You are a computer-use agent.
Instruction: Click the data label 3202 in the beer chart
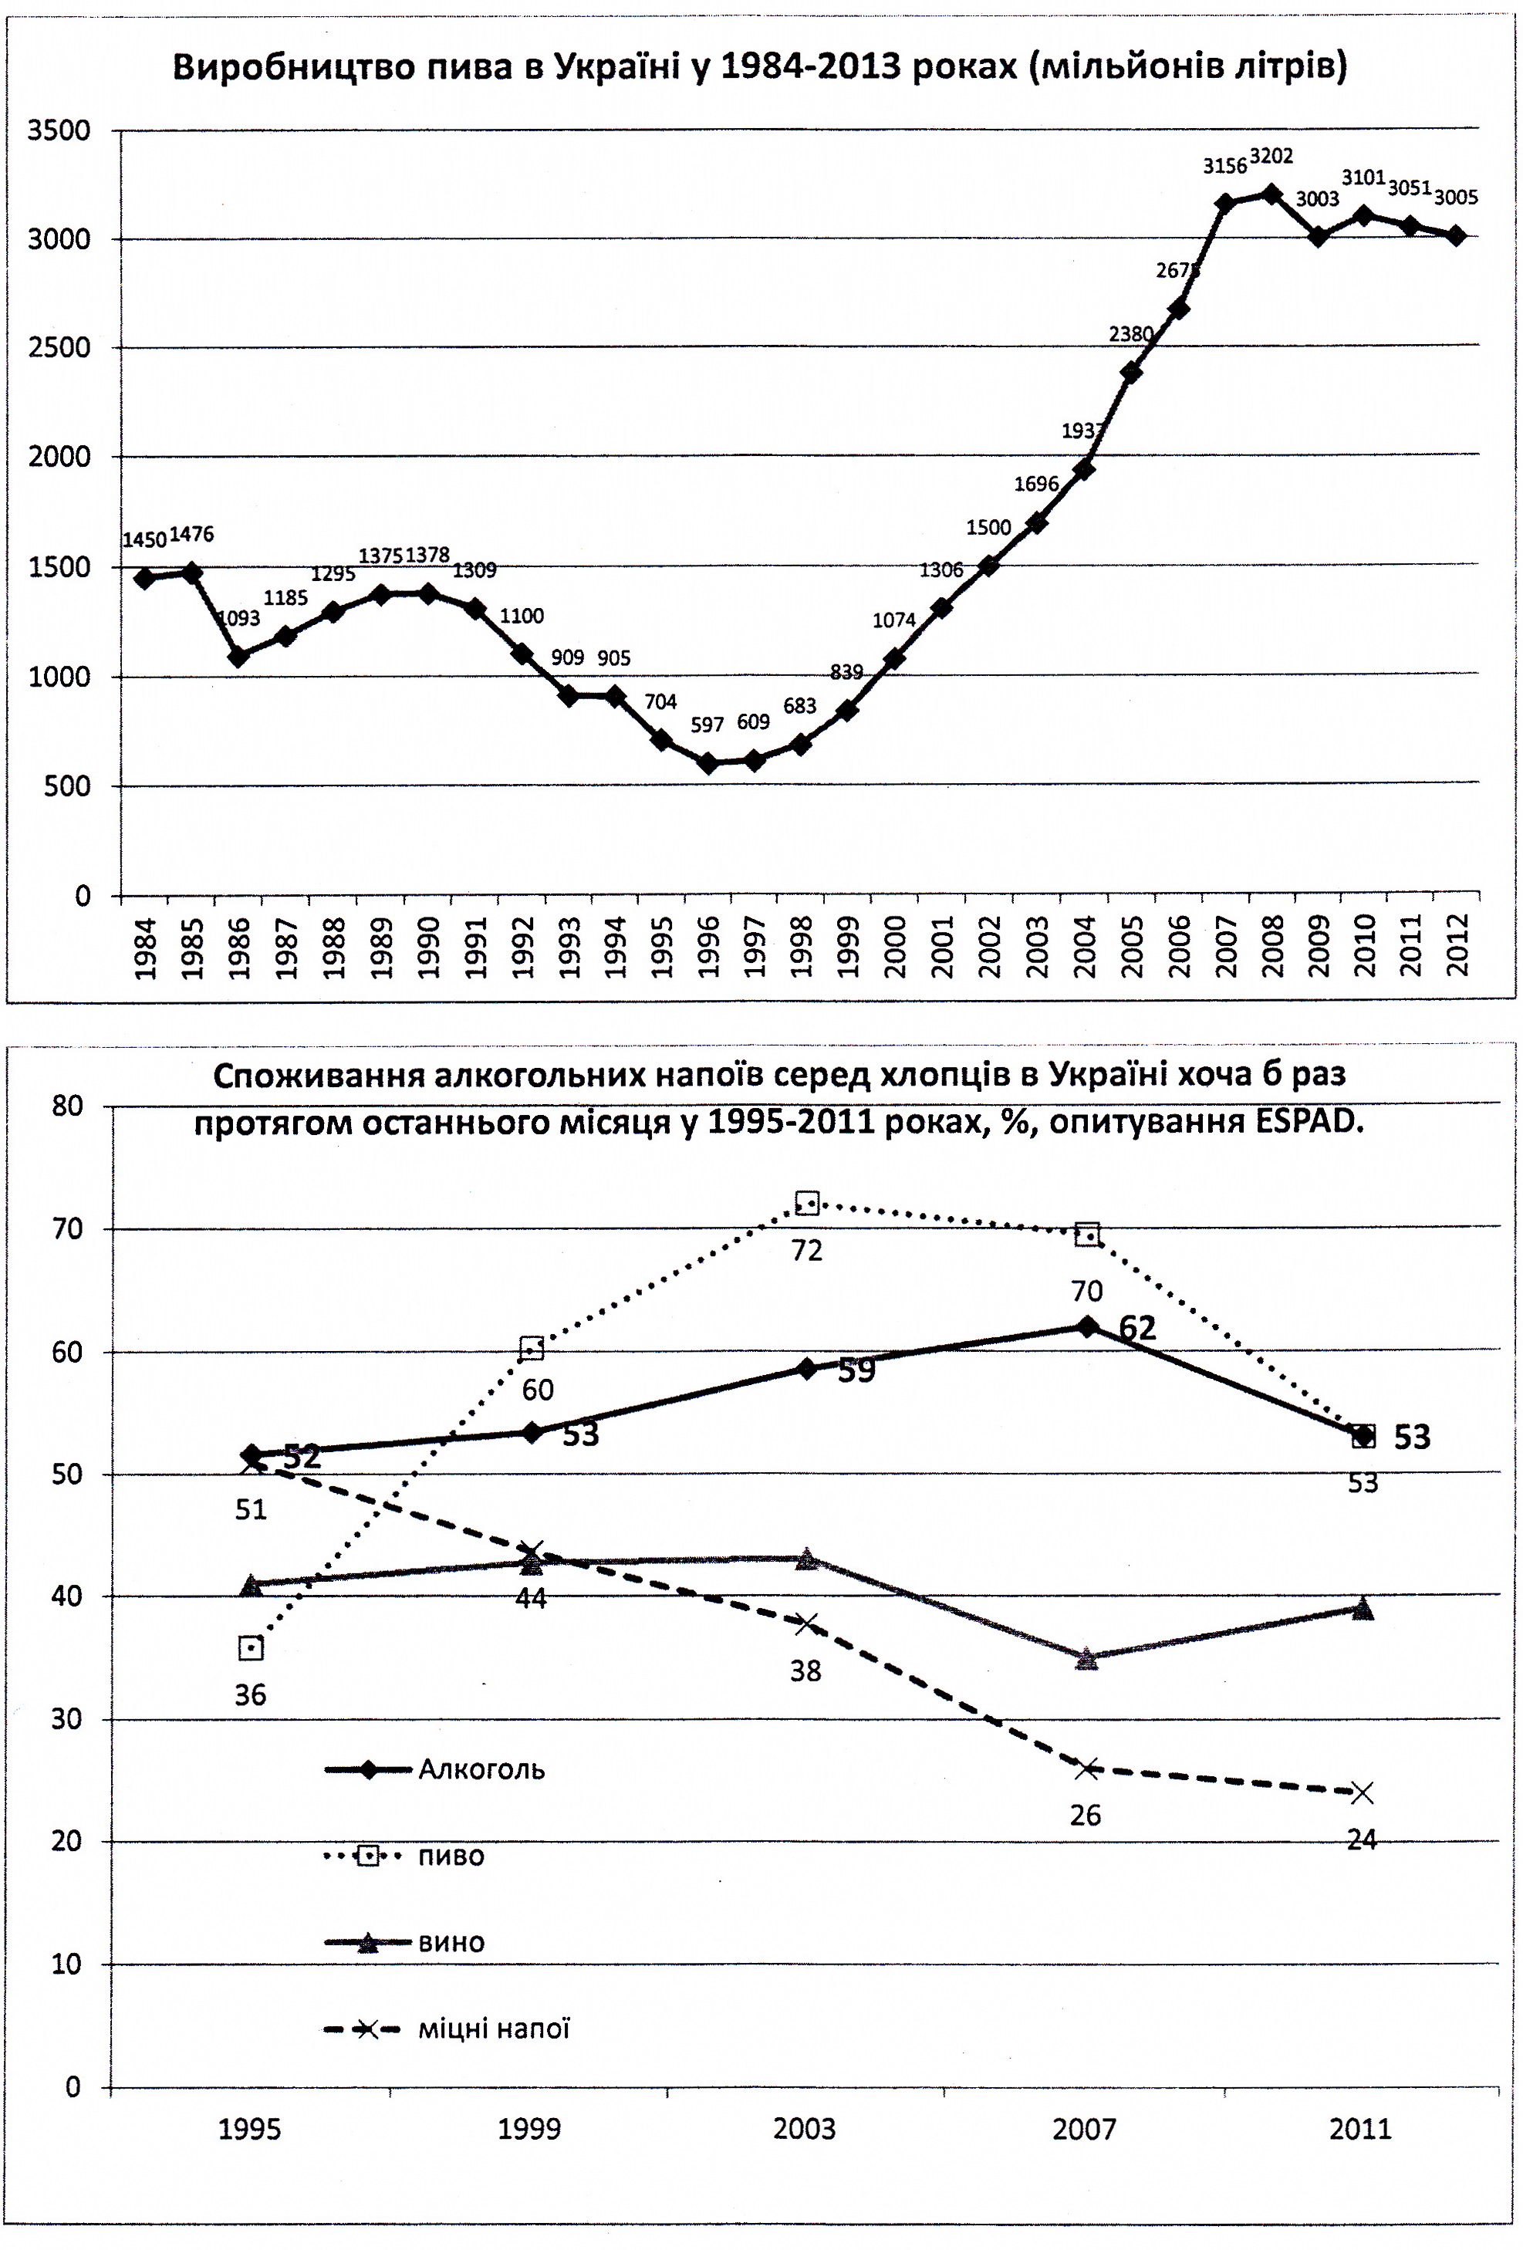tap(1270, 157)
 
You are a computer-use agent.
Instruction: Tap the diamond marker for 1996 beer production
tap(707, 763)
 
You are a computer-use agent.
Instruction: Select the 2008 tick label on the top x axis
tap(1272, 948)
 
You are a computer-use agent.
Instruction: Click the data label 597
tap(707, 725)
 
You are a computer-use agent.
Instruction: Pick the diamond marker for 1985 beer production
tap(191, 573)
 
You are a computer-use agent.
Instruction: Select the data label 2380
tap(1130, 335)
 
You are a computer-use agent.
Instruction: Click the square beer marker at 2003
tap(806, 1204)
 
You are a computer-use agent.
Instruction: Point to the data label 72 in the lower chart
tap(806, 1251)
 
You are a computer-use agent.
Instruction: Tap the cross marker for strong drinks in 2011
tap(1361, 1793)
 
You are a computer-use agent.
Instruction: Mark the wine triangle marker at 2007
tap(1086, 1658)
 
